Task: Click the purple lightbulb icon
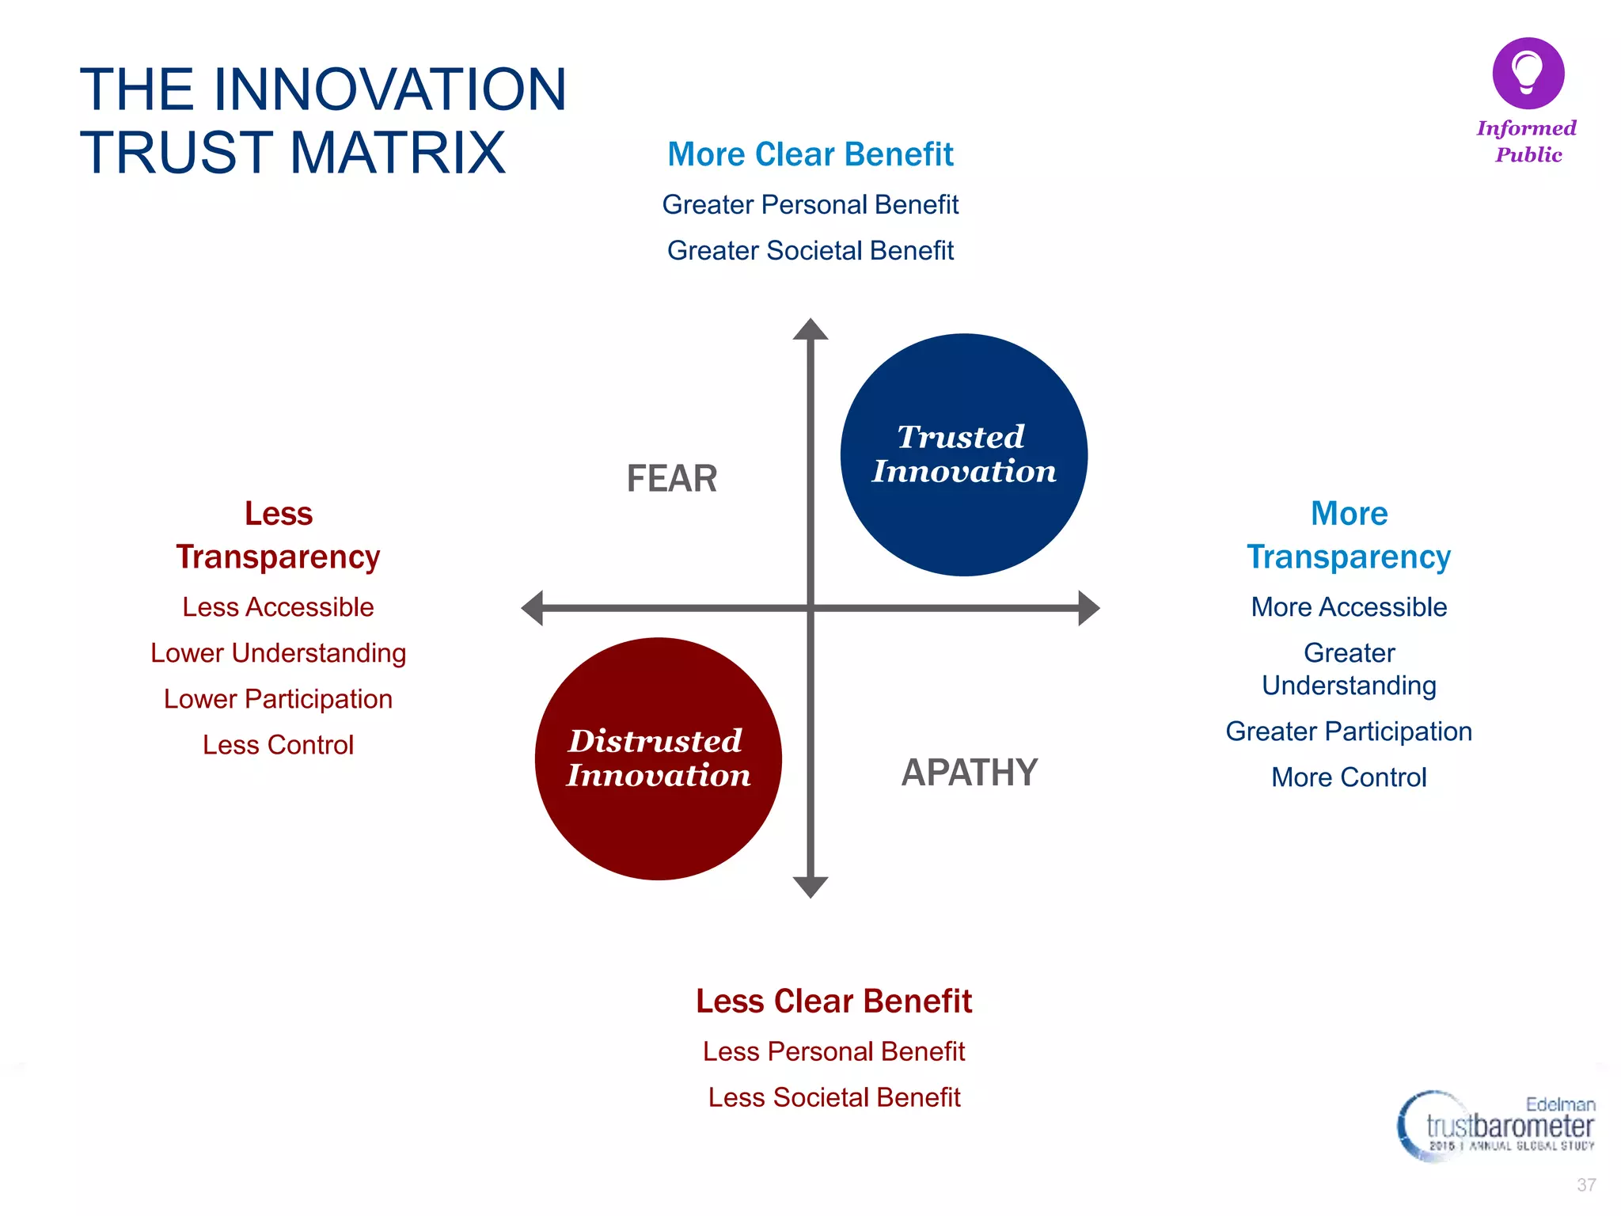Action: (1528, 73)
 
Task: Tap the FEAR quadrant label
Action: (671, 479)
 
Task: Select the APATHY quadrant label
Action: (969, 773)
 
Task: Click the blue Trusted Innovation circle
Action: (963, 454)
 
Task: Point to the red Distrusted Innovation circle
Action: (658, 758)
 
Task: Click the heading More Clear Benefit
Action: (810, 154)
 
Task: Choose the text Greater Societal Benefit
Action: (810, 251)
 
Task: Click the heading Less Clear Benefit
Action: (833, 1001)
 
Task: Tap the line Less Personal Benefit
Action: (833, 1051)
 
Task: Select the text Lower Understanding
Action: (278, 653)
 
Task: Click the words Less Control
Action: (278, 745)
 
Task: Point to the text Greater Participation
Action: (1349, 731)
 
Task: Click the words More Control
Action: (1349, 777)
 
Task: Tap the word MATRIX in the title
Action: (397, 153)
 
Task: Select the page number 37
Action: (1585, 1185)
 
